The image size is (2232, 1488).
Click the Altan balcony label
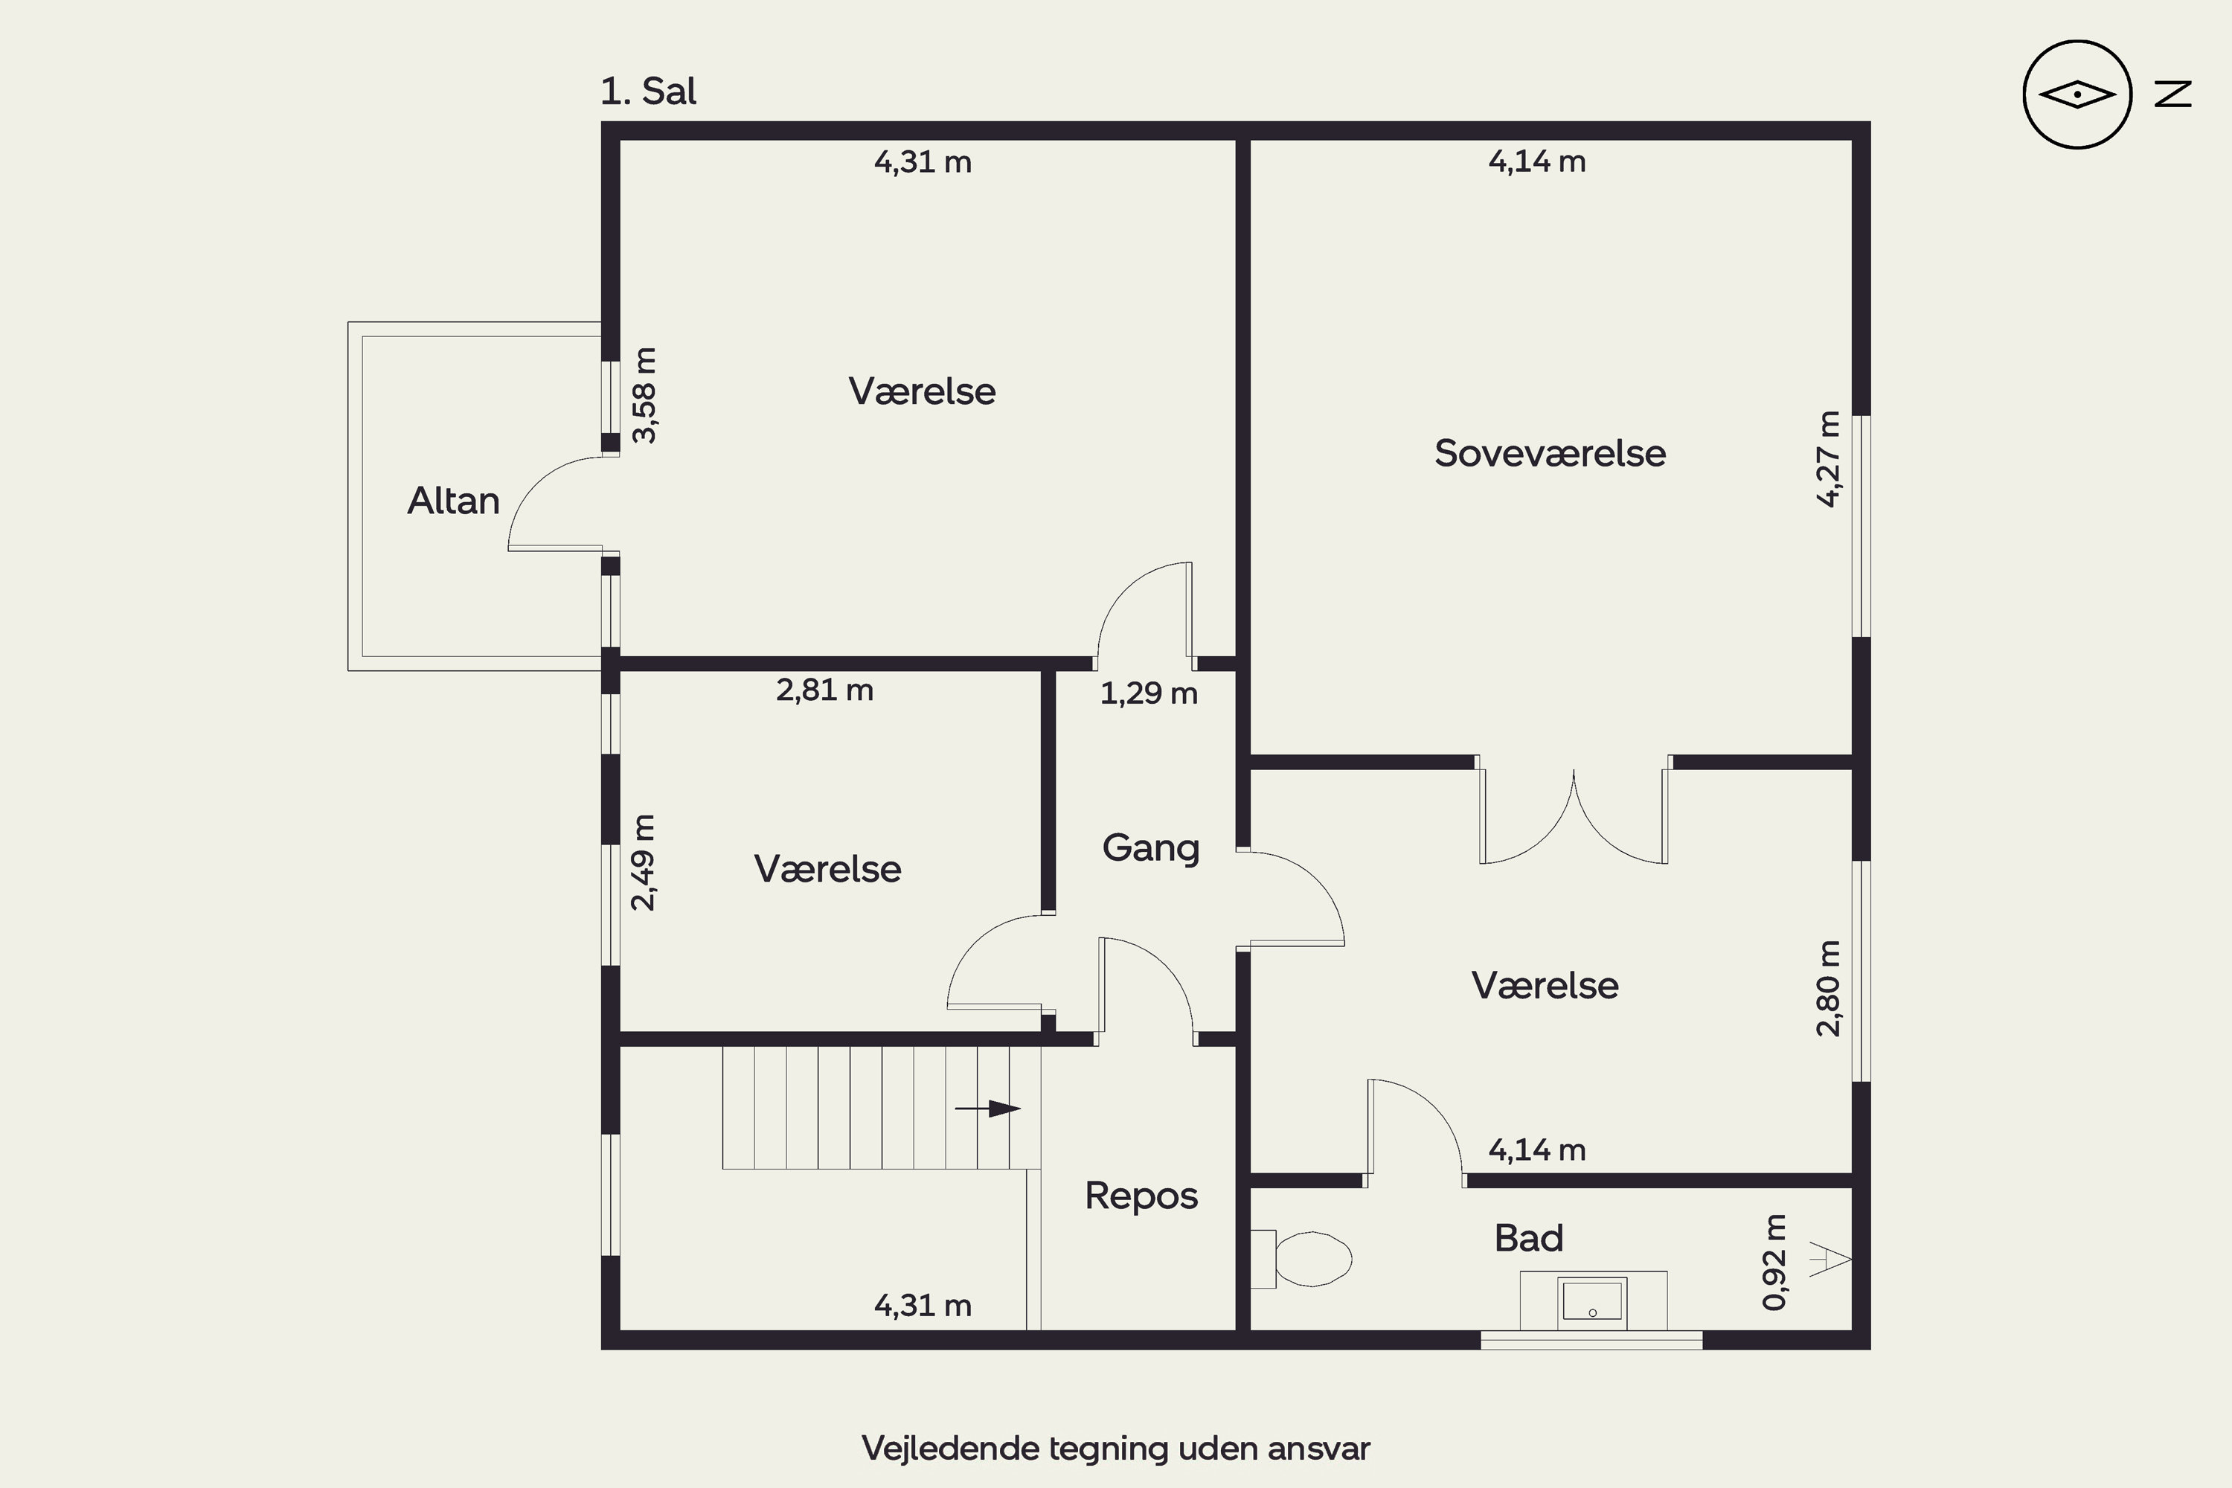click(x=454, y=500)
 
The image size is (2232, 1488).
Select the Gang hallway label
click(x=1151, y=847)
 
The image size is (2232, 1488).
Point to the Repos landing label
click(x=1141, y=1196)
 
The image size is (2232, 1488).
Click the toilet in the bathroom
click(x=1302, y=1258)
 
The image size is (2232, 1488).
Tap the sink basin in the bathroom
click(x=1591, y=1303)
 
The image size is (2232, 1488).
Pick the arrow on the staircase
click(x=987, y=1109)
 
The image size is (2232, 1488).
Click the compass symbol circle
click(x=2077, y=95)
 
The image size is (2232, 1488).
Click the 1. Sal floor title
click(x=648, y=91)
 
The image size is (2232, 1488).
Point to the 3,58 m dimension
click(x=644, y=395)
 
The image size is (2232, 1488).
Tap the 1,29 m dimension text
click(x=1148, y=693)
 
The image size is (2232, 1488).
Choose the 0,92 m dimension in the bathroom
click(x=1774, y=1262)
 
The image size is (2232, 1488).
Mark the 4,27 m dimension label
click(x=1828, y=459)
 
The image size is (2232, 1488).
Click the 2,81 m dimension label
click(x=824, y=690)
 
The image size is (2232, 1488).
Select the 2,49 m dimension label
click(x=643, y=862)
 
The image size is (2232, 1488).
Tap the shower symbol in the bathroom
click(x=1830, y=1260)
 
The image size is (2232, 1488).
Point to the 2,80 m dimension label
click(x=1828, y=988)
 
